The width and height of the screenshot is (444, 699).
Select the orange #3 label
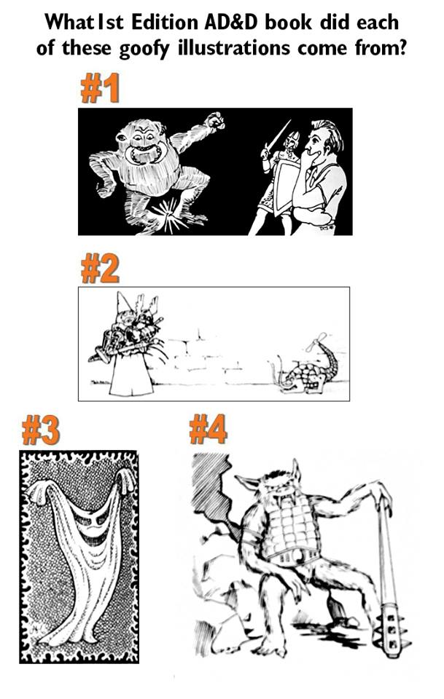[x=40, y=432]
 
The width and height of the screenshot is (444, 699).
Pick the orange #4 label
[x=208, y=430]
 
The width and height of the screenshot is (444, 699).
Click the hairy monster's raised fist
[x=214, y=121]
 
